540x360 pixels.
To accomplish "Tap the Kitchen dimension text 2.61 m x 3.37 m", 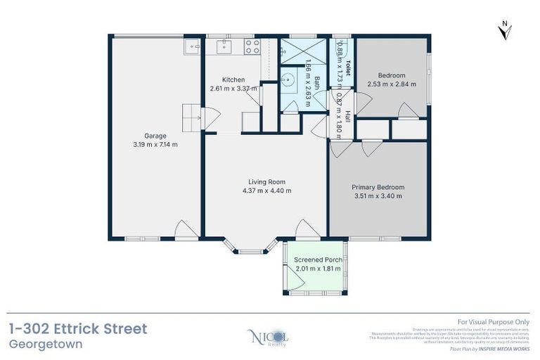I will [x=233, y=89].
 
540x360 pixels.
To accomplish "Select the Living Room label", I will [x=266, y=181].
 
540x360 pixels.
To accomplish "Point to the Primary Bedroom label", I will [x=378, y=187].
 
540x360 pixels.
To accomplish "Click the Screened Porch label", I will [x=319, y=260].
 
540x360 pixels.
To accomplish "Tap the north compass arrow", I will [x=504, y=30].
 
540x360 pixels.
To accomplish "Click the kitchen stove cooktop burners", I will [x=252, y=46].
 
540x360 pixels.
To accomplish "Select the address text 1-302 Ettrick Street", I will [x=78, y=328].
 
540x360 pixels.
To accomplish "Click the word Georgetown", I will [x=46, y=345].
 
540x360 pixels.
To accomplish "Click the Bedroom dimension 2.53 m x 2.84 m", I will [x=392, y=84].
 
